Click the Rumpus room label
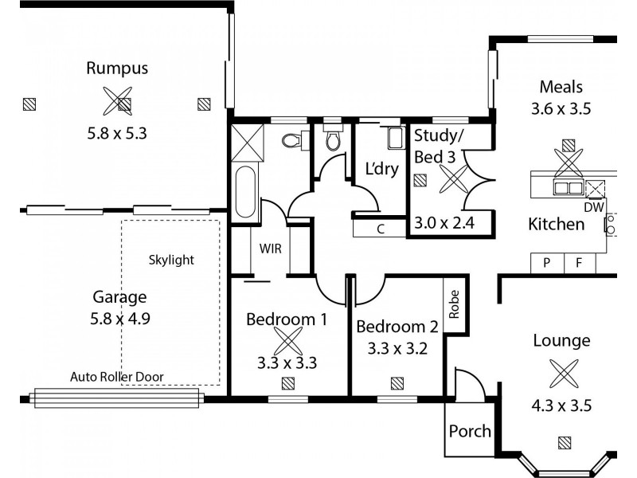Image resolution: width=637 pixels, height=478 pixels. tap(118, 69)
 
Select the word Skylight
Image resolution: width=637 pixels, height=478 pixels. tap(171, 260)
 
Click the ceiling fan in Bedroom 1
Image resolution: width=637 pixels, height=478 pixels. tap(287, 342)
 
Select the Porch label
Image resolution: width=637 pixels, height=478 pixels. tap(470, 431)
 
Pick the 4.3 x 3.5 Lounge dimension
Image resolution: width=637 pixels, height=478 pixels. tap(561, 405)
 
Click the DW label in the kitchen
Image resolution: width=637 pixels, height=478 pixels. tap(594, 206)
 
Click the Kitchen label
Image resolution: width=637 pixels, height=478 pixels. tap(556, 225)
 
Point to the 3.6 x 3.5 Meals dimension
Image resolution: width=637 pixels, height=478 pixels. tap(561, 110)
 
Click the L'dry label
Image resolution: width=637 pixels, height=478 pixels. tap(381, 170)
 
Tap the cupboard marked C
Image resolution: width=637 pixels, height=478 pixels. tap(381, 229)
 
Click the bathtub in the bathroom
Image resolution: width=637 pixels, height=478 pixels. tap(246, 195)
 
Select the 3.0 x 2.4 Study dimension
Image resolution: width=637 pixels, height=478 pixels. tap(444, 223)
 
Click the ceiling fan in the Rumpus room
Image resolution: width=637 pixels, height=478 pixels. tap(118, 100)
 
